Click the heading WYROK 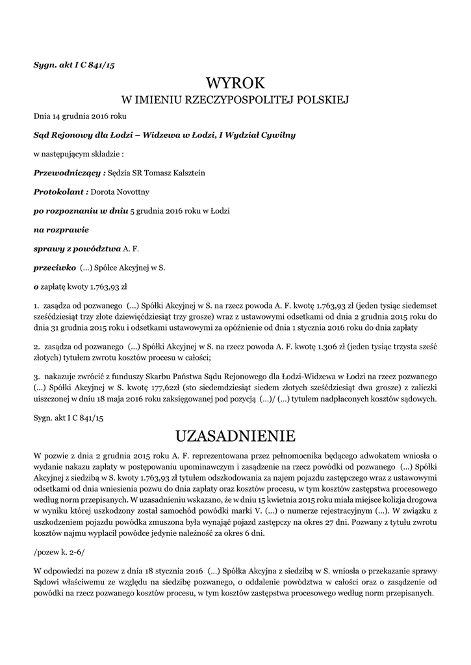pyautogui.click(x=236, y=84)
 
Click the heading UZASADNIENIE pyautogui.click(x=235, y=434)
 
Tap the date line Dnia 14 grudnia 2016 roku pyautogui.click(x=80, y=116)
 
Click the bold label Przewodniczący pyautogui.click(x=69, y=173)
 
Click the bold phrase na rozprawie pyautogui.click(x=61, y=230)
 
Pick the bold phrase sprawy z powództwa pyautogui.click(x=77, y=249)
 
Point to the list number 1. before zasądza pyautogui.click(x=36, y=304)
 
